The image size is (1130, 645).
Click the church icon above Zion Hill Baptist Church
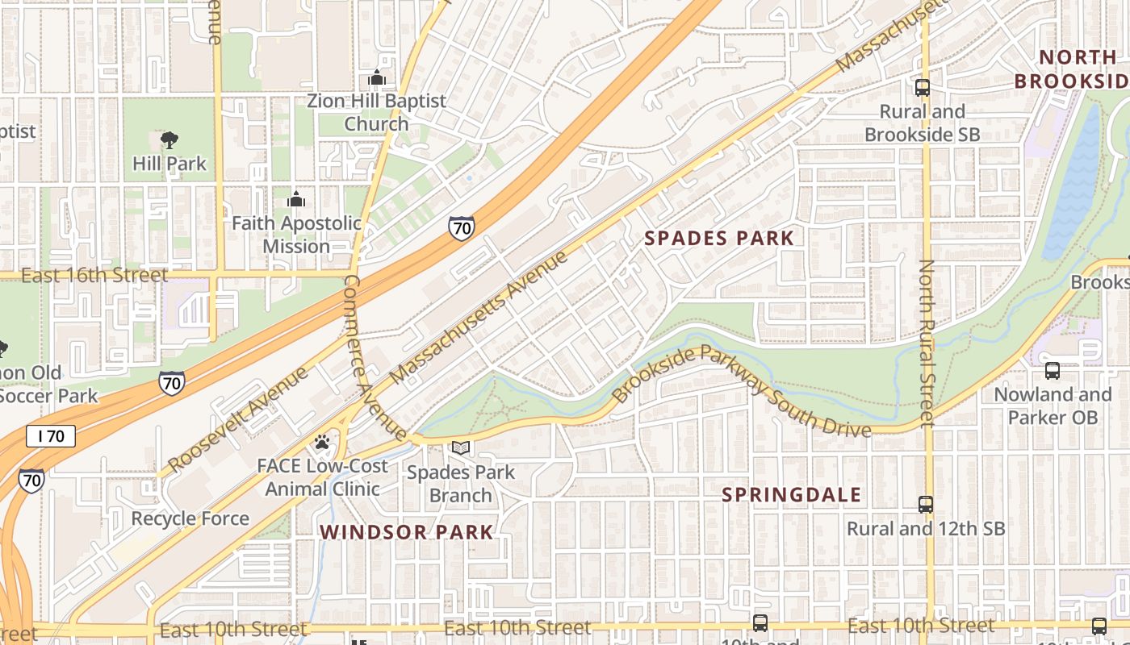click(377, 78)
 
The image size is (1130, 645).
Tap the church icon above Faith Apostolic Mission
click(296, 199)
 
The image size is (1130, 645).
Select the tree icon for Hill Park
click(169, 141)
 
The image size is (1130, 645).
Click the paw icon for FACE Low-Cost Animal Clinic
click(322, 442)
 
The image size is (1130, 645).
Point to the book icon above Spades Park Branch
click(460, 448)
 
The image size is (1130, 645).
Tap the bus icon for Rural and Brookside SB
click(922, 88)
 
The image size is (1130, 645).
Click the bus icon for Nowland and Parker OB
click(1053, 371)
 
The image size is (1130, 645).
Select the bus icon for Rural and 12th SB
click(926, 505)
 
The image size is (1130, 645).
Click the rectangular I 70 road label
click(51, 436)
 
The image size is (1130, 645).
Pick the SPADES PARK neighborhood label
click(720, 238)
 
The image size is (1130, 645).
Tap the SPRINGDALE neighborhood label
click(792, 494)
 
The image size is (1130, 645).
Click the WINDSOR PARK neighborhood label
click(406, 532)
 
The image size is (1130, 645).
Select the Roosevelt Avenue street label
click(238, 419)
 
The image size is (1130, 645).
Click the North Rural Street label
click(927, 343)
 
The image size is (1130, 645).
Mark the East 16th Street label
click(94, 276)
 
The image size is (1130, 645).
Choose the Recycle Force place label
click(190, 518)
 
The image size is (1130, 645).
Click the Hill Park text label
click(169, 164)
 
